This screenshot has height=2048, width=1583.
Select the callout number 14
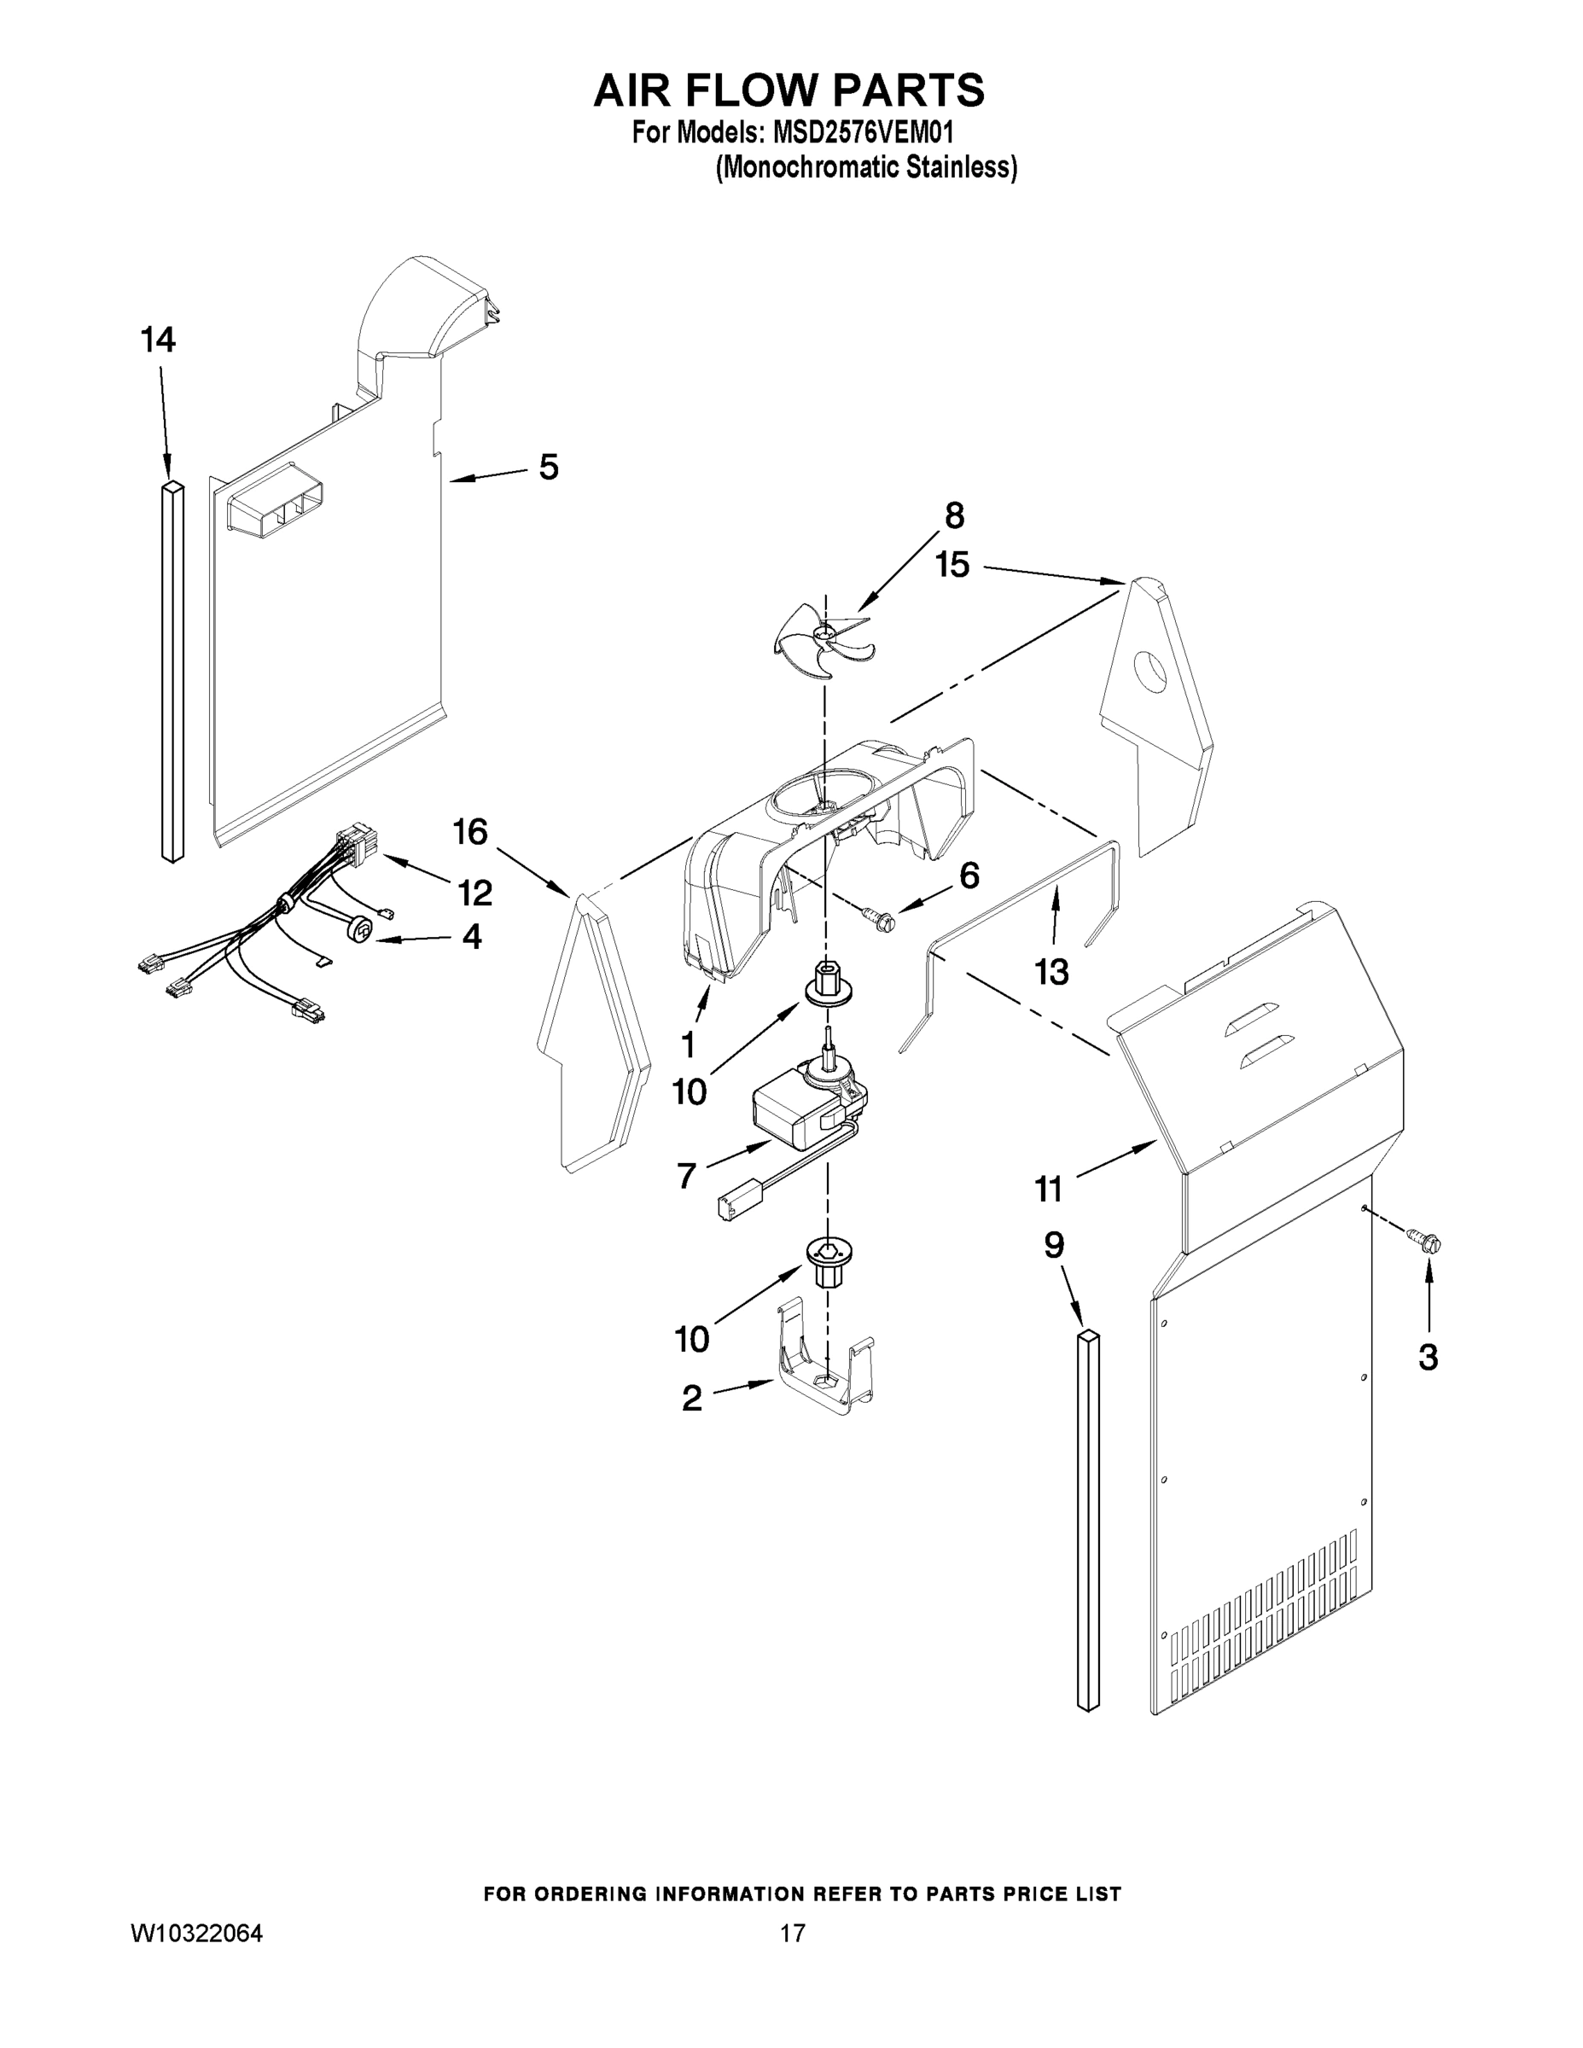point(159,340)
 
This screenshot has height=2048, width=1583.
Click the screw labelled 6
point(882,920)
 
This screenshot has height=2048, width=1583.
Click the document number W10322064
point(196,1932)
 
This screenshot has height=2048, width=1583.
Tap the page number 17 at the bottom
point(793,1932)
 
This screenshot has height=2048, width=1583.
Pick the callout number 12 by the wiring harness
point(475,893)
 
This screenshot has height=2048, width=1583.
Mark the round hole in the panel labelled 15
point(1149,670)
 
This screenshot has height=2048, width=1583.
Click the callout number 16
point(471,831)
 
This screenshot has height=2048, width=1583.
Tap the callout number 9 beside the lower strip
point(1054,1245)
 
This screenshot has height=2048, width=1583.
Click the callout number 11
point(1049,1189)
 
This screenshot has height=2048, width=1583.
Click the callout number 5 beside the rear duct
point(549,466)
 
